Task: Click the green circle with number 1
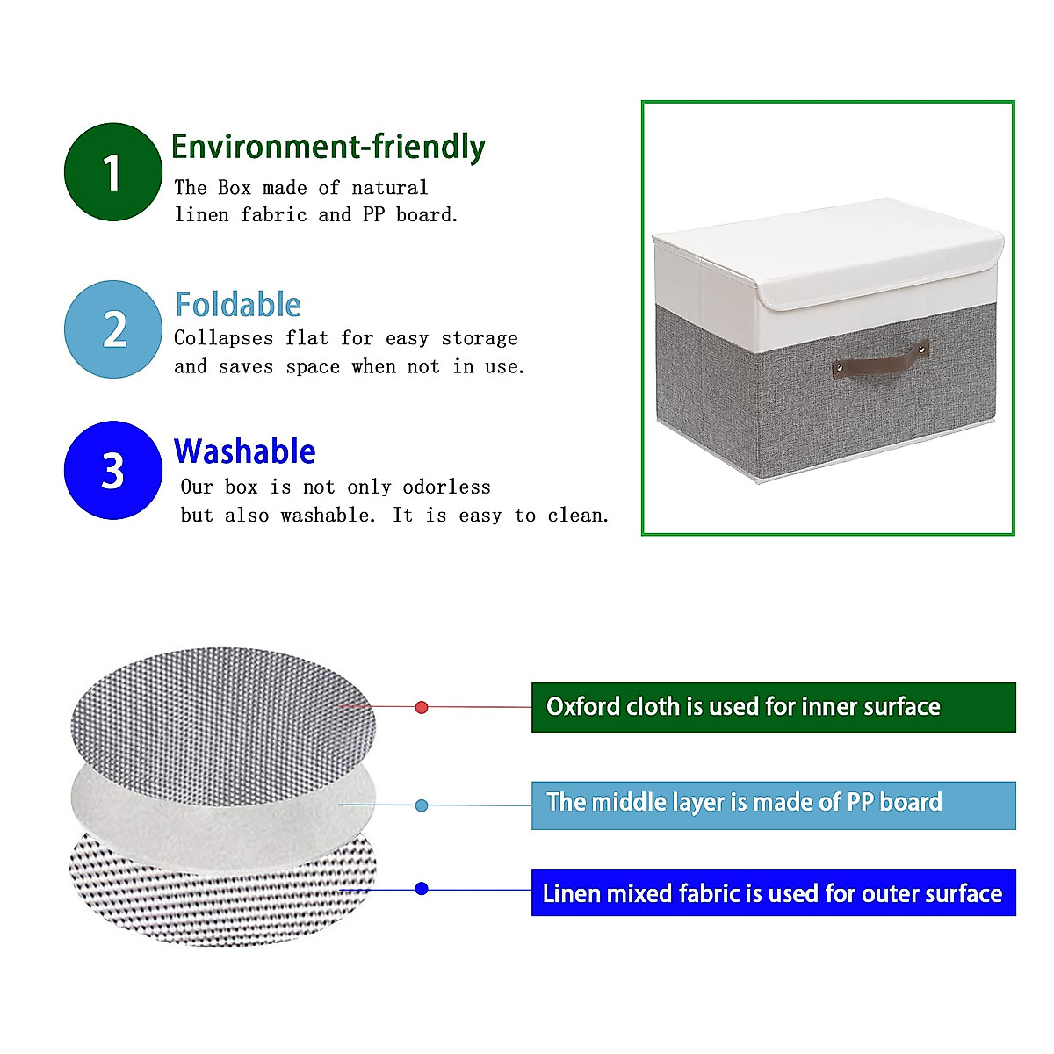(112, 172)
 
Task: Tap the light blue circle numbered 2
(112, 329)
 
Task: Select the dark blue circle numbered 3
(112, 470)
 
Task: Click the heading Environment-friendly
(328, 147)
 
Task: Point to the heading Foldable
(238, 305)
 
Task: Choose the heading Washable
(244, 451)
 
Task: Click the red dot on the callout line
(422, 707)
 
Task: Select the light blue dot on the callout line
(422, 805)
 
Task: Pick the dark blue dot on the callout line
(422, 889)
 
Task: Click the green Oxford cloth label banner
(773, 707)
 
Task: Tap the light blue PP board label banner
(773, 805)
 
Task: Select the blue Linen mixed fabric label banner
(773, 892)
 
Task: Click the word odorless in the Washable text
(446, 487)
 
